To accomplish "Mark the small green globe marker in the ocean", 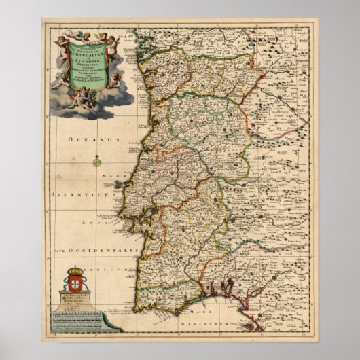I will click(x=98, y=162).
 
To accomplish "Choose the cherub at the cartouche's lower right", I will click(x=114, y=81).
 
